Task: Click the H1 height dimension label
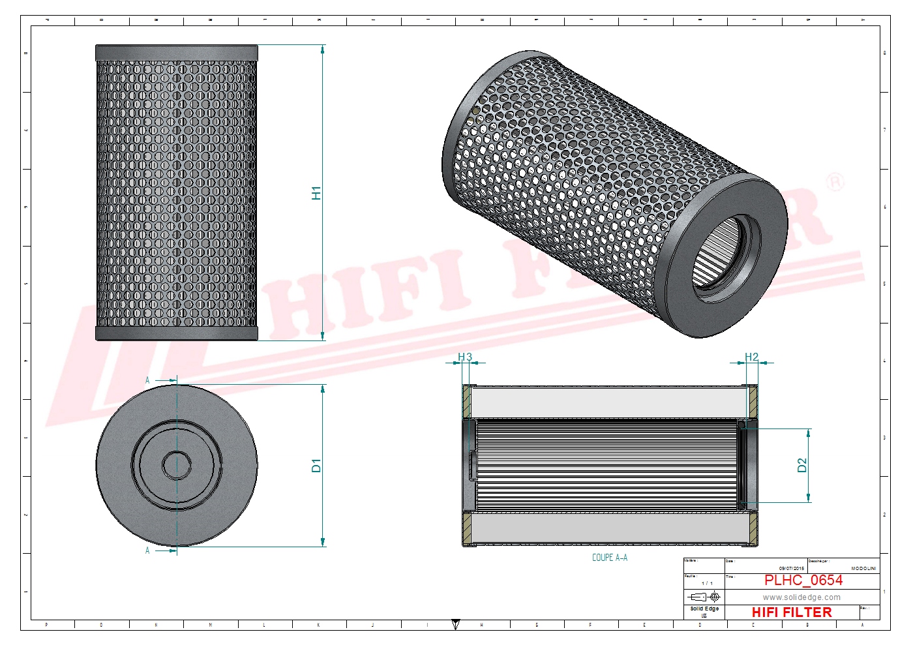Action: (316, 193)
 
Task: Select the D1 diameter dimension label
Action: (316, 466)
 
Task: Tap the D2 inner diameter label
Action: (802, 465)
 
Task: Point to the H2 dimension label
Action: (751, 357)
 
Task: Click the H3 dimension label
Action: (464, 357)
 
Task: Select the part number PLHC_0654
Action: (803, 580)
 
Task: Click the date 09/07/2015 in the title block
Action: (791, 569)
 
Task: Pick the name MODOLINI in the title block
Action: (863, 569)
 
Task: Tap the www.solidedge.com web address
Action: (801, 597)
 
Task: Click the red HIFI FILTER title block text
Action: (791, 612)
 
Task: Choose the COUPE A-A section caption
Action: (609, 558)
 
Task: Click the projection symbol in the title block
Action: (704, 597)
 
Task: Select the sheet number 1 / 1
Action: (707, 583)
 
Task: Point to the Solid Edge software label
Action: (704, 609)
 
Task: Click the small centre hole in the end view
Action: (177, 465)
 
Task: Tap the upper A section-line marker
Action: (147, 380)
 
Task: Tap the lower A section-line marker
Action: (147, 550)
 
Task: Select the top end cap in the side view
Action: (177, 53)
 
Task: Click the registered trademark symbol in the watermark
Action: (835, 183)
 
